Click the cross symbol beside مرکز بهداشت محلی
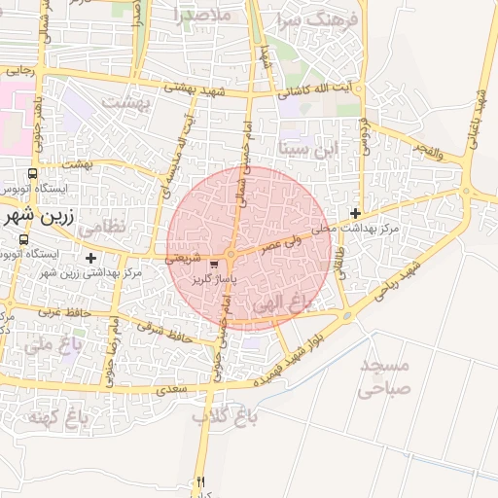(x=356, y=213)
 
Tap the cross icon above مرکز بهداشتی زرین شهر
(x=91, y=258)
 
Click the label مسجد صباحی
(x=385, y=376)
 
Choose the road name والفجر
(x=428, y=152)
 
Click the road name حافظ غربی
(x=64, y=313)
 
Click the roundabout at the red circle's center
(x=231, y=255)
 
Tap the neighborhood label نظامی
(x=101, y=226)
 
